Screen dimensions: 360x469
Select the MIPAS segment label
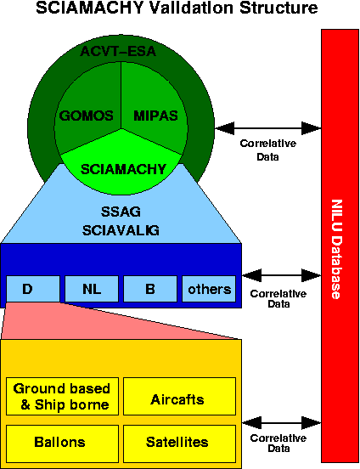click(x=155, y=116)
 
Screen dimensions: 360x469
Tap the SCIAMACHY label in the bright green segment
click(x=123, y=169)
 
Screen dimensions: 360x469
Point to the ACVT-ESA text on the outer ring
click(x=118, y=51)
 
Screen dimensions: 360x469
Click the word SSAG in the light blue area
click(x=121, y=212)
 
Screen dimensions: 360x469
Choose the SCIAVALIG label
click(x=121, y=230)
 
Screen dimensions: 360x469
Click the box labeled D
click(x=33, y=289)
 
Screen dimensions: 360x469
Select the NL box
click(x=92, y=289)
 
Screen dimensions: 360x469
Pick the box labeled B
click(x=150, y=289)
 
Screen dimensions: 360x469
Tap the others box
click(x=209, y=289)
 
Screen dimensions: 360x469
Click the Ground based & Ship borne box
click(x=62, y=396)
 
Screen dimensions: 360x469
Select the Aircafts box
click(x=179, y=396)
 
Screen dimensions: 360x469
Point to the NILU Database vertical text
click(x=337, y=249)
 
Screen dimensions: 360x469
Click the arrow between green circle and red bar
click(x=268, y=128)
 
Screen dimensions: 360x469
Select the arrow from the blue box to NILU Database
click(x=281, y=275)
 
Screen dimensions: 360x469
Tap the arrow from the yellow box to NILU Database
click(x=281, y=423)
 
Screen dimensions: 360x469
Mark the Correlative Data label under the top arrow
click(x=268, y=150)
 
